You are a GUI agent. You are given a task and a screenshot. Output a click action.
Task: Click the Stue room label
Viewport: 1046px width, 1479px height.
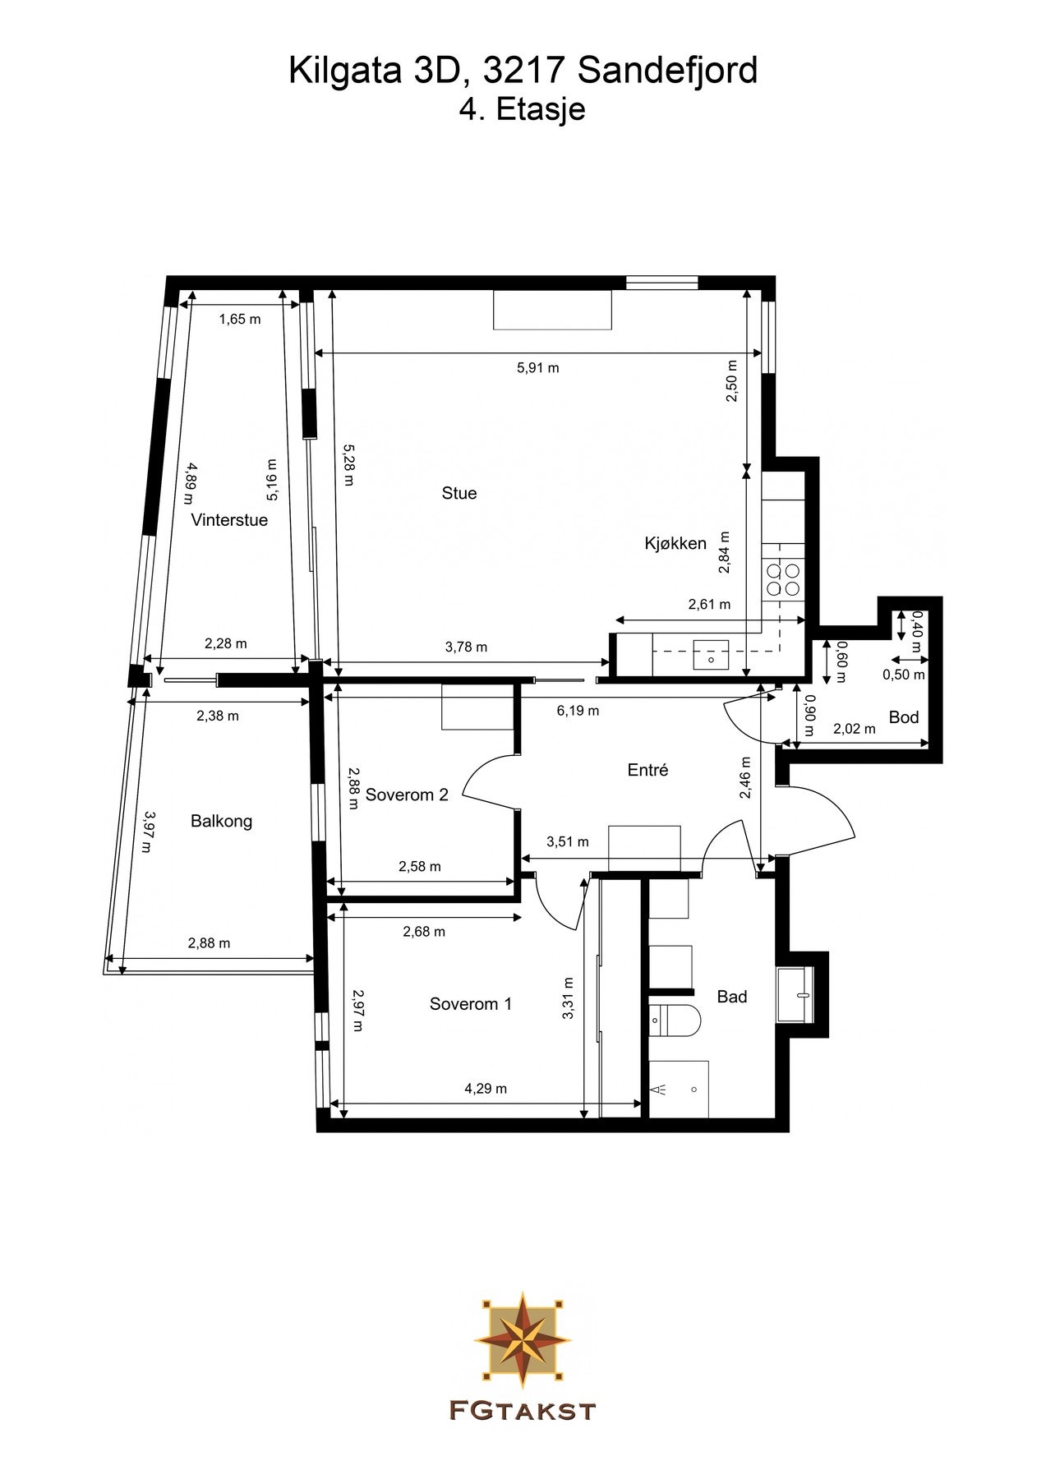(x=458, y=493)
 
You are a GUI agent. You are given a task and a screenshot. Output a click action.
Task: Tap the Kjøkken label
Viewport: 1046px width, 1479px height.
(x=675, y=543)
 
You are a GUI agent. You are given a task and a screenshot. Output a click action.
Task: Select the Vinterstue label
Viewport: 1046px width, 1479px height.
(x=229, y=520)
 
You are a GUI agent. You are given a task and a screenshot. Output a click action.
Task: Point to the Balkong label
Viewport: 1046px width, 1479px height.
(x=221, y=821)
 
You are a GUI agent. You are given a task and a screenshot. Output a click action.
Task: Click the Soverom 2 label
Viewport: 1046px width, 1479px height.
(x=407, y=795)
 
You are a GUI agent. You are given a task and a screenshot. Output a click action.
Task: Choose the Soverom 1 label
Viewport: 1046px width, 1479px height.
(x=470, y=1004)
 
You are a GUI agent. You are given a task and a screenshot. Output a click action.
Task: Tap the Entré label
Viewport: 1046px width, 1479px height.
(x=647, y=770)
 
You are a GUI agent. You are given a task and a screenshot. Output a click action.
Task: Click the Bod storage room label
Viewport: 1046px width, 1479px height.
(x=904, y=717)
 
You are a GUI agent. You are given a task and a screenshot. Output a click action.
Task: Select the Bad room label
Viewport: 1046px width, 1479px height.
(x=732, y=997)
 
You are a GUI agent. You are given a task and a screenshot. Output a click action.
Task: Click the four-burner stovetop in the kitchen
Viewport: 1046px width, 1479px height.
(x=783, y=578)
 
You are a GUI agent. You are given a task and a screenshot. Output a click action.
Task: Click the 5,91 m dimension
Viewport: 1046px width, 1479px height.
(x=537, y=367)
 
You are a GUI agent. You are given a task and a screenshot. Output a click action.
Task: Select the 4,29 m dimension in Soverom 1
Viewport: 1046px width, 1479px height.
(x=486, y=1089)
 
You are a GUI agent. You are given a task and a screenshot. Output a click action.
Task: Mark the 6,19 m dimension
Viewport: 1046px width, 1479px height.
(x=578, y=711)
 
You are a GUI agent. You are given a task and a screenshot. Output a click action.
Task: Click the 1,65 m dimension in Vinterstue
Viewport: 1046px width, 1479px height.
(x=239, y=319)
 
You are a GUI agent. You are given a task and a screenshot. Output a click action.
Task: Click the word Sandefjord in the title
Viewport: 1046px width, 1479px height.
(x=666, y=71)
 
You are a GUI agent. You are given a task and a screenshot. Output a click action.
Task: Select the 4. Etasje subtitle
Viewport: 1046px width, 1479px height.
(x=523, y=109)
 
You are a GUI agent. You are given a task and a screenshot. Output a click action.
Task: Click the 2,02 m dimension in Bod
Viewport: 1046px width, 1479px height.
(x=855, y=729)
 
